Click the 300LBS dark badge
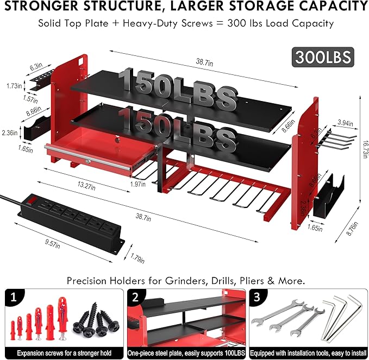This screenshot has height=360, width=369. [x=323, y=56]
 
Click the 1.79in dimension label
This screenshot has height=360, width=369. [x=139, y=259]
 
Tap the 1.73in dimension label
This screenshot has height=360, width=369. [x=14, y=86]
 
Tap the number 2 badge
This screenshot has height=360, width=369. [x=136, y=298]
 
